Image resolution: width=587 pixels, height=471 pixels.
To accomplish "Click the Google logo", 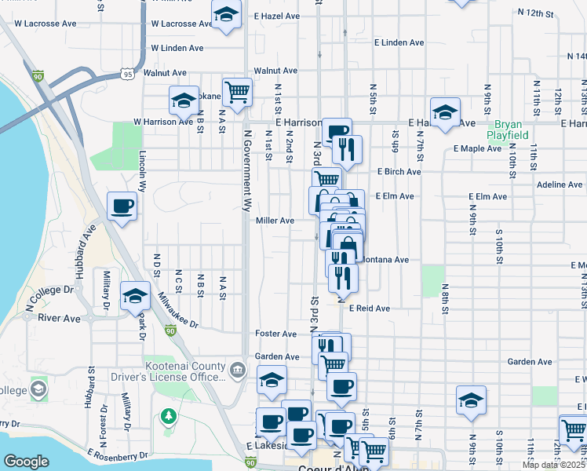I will coord(26,462).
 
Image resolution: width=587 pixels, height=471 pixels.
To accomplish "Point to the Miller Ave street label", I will coord(275,221).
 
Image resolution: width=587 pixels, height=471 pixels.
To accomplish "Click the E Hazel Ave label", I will coord(277,16).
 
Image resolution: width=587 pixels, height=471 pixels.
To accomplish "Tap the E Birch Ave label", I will coord(399,172).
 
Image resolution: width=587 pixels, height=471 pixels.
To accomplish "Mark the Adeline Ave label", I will coord(560,184).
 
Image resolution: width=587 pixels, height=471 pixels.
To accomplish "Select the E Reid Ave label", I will coord(370,309).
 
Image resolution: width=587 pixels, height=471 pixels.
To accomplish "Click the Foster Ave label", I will coord(276,334).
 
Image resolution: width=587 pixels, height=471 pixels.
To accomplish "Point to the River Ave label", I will coord(59,319).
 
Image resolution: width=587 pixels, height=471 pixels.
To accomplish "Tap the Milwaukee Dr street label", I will coord(178,310).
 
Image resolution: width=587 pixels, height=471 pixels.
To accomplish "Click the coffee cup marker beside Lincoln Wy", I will coord(122,206).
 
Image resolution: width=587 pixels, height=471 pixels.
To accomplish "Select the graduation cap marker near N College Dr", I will coord(135,296).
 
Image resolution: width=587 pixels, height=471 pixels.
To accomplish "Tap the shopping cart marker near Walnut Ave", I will coord(237,92).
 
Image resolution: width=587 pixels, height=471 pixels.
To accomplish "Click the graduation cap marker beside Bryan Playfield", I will coord(445,111).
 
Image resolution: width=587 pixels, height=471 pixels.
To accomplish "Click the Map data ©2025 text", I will coord(553,465).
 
